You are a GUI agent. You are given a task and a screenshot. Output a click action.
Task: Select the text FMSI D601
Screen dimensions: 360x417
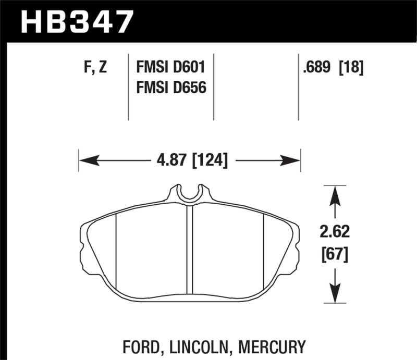(171, 68)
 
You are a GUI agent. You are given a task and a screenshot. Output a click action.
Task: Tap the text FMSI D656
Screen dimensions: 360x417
(171, 88)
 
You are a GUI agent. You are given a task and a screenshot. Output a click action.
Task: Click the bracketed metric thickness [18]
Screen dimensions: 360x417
(351, 68)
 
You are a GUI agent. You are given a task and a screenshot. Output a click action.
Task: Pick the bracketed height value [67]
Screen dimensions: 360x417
(335, 255)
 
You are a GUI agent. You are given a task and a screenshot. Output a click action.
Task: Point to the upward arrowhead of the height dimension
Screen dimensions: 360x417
(335, 195)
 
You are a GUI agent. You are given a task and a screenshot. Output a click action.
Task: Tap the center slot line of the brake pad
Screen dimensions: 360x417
(190, 250)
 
